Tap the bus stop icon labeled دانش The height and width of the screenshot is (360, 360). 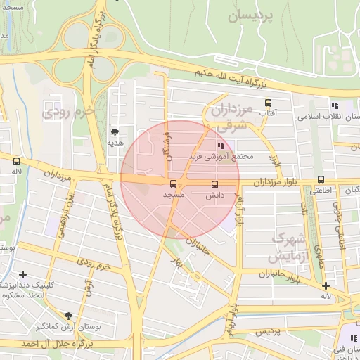point(214,184)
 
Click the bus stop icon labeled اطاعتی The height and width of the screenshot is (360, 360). point(321,179)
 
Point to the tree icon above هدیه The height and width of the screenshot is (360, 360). point(115,131)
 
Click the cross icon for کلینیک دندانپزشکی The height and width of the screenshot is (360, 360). point(23,274)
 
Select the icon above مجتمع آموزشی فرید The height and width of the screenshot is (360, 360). point(210,145)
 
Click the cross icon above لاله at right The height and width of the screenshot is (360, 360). point(326,285)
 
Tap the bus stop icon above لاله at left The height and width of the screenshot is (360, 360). point(16,161)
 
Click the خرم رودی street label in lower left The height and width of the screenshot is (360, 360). point(94,267)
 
